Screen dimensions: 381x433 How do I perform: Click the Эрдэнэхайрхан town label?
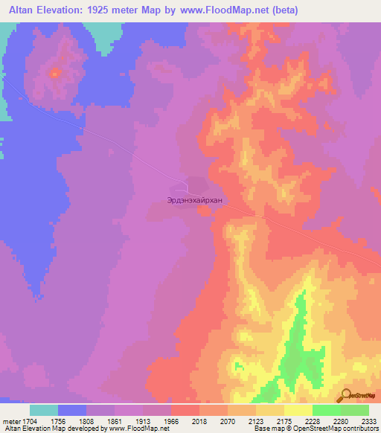195,199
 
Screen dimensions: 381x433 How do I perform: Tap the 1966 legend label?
183,420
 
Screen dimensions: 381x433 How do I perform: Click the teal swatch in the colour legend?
44,410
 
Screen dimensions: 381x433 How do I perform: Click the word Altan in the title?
20,9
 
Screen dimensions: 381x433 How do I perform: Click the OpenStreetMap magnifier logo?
345,396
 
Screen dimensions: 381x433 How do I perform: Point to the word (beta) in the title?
287,9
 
